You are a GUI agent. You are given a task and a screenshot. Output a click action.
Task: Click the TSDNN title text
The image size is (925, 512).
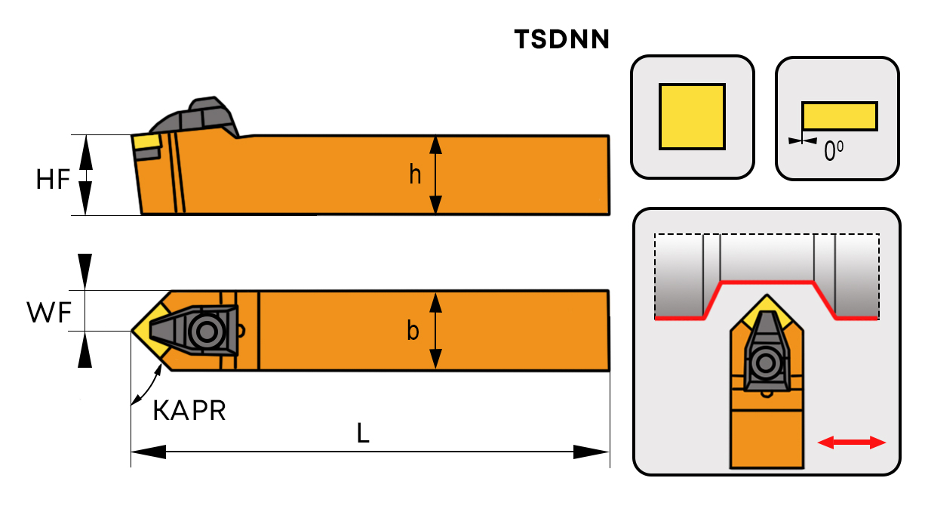tap(561, 39)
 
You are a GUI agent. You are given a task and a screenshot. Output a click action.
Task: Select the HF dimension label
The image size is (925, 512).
tap(54, 179)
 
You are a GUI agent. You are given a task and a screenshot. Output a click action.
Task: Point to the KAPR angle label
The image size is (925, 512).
tap(189, 411)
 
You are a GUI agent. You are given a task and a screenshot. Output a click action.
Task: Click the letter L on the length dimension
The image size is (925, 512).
tap(364, 433)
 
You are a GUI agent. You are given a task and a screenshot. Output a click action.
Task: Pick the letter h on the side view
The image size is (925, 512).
tap(415, 174)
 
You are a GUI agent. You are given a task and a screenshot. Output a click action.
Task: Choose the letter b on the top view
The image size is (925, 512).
tap(413, 331)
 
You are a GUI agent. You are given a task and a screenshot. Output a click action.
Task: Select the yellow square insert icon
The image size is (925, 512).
tap(692, 116)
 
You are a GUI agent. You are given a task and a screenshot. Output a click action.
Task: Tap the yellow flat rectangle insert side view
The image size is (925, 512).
tap(839, 116)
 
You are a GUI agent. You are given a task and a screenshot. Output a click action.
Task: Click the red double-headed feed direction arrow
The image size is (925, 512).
tap(852, 443)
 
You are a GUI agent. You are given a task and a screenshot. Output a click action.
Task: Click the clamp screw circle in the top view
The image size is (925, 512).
tap(204, 330)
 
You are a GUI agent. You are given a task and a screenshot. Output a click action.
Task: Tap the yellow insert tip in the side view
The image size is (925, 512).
tap(146, 141)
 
